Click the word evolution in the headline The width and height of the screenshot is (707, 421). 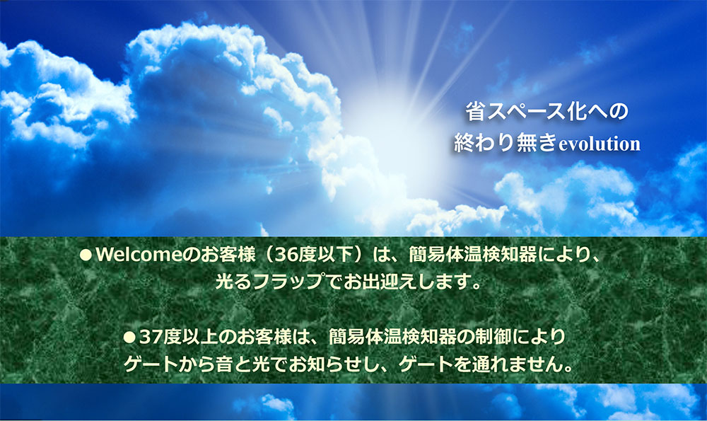point(600,144)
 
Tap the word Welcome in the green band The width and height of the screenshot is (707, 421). point(139,255)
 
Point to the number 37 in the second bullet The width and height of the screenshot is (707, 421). point(151,337)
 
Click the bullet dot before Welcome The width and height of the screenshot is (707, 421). point(86,255)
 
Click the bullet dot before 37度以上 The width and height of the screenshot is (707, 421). point(129,337)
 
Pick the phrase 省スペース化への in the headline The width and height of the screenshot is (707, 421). point(547,112)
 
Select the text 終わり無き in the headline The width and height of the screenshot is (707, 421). point(506,143)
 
